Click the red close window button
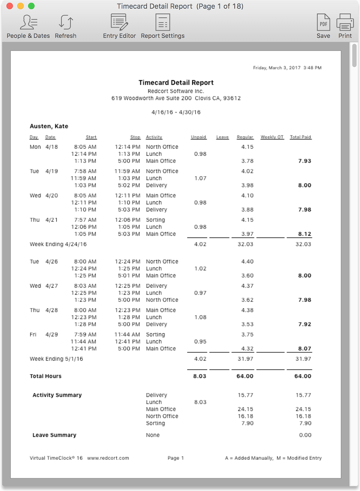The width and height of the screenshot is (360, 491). tap(10, 6)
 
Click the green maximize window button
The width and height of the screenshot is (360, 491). tap(31, 6)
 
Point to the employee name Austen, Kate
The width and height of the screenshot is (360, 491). tap(49, 126)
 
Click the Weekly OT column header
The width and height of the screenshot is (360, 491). tap(272, 137)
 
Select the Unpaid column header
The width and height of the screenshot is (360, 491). tap(198, 137)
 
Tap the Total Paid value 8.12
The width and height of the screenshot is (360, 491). tap(304, 234)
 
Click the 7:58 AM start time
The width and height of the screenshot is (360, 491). tap(85, 171)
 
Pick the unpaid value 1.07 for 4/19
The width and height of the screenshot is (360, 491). tap(200, 178)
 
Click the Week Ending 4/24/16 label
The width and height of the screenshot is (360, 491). tap(58, 244)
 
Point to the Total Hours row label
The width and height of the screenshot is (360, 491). tap(46, 376)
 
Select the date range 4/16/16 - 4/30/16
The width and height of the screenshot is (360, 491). tap(176, 112)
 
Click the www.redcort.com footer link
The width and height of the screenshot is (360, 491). tap(108, 458)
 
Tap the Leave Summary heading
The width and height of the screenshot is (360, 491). tap(54, 435)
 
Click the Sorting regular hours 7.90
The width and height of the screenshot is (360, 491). tap(247, 423)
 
